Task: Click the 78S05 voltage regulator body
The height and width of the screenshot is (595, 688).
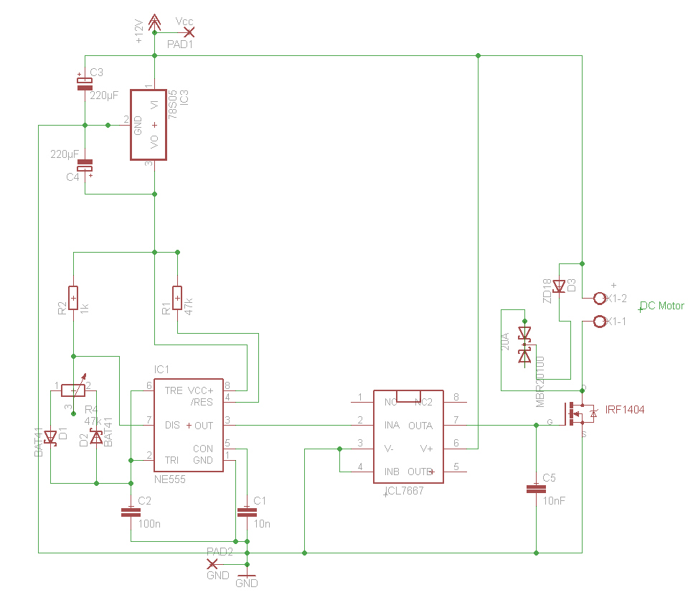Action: (149, 125)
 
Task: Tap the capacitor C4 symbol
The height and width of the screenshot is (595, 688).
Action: (85, 165)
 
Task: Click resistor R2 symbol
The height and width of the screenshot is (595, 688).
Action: (73, 296)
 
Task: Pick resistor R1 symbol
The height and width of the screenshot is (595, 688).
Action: (177, 296)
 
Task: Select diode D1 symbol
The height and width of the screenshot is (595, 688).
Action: (50, 436)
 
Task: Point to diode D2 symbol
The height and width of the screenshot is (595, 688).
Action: (96, 436)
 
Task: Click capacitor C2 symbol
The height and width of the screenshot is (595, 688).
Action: (130, 512)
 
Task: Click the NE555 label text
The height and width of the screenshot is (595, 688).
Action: (170, 479)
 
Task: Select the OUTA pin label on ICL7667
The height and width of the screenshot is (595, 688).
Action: (420, 426)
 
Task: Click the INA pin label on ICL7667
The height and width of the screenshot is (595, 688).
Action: (392, 426)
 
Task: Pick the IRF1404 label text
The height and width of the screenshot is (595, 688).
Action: (625, 410)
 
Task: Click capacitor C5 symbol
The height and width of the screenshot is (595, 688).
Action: (536, 489)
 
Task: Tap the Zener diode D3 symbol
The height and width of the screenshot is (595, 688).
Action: (559, 286)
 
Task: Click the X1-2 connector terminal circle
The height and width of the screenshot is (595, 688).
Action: (600, 298)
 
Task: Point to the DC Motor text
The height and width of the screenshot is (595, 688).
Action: (662, 306)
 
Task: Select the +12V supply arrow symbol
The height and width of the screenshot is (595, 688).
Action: (154, 23)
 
